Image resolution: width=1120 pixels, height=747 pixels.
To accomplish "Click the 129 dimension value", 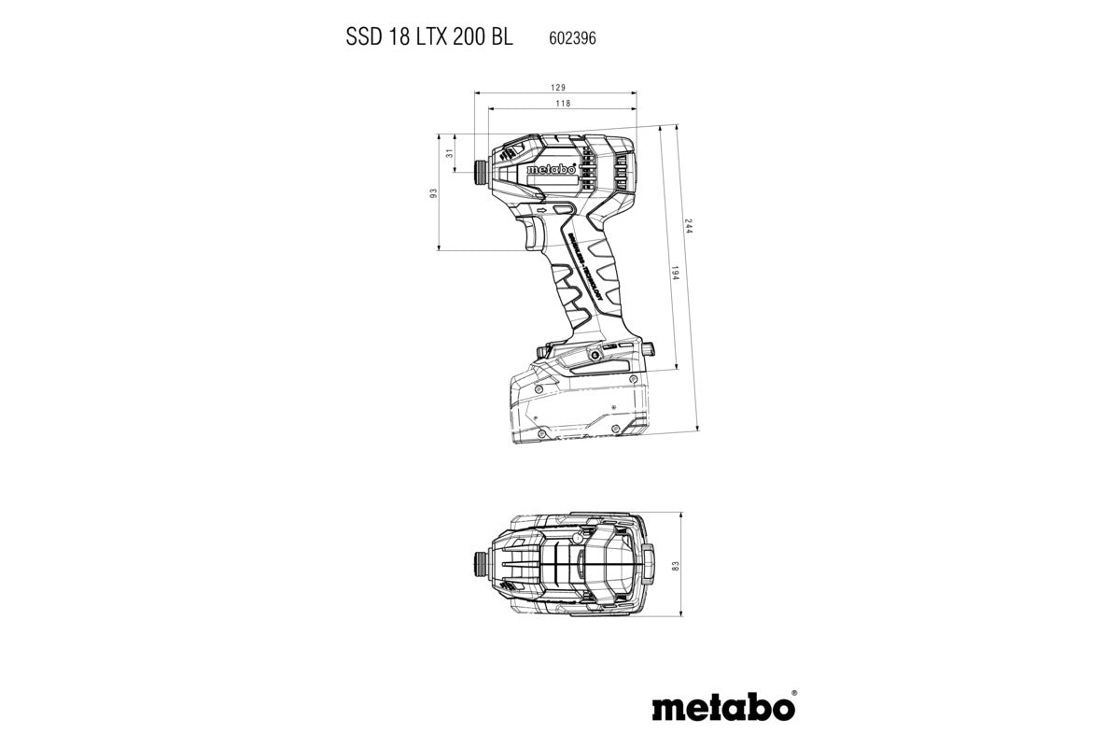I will pos(557,87).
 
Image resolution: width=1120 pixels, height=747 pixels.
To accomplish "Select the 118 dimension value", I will pos(563,105).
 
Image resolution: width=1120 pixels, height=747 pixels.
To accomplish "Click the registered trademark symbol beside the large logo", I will pos(792,695).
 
